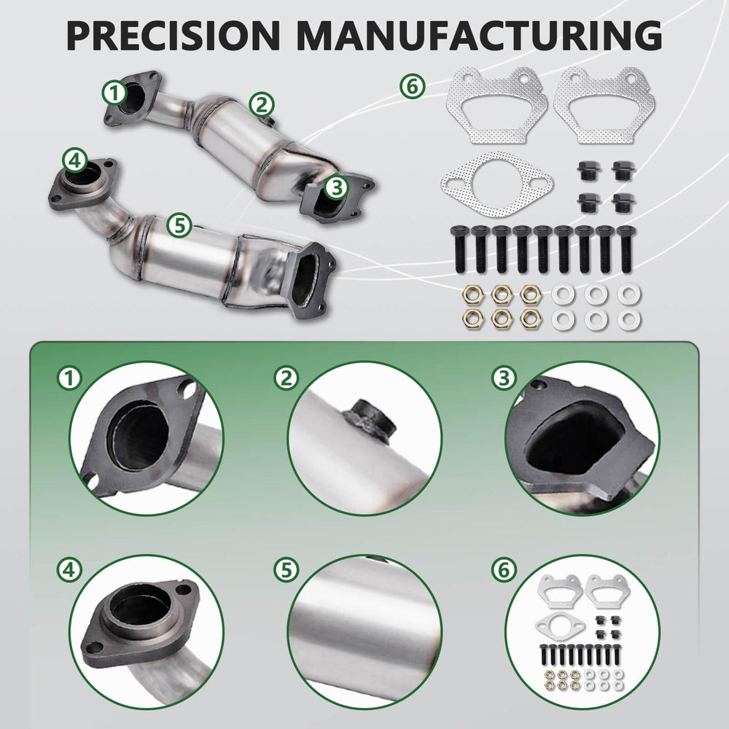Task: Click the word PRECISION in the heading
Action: point(173,35)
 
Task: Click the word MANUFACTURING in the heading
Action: point(479,35)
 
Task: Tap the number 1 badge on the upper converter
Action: point(114,93)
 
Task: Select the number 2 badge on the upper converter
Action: point(262,104)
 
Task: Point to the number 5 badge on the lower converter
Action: point(179,225)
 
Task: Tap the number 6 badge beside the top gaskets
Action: point(413,87)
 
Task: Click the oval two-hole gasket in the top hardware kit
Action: point(497,184)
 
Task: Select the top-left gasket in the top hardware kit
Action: point(496,105)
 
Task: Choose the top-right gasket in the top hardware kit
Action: point(604,105)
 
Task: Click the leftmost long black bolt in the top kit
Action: point(459,249)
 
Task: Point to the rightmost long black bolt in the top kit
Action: point(625,249)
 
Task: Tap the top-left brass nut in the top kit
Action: point(472,294)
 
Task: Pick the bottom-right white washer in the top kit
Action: point(629,319)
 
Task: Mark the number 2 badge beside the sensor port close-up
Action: point(286,378)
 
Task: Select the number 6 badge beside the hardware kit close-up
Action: point(504,570)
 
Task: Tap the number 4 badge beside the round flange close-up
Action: point(69,570)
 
